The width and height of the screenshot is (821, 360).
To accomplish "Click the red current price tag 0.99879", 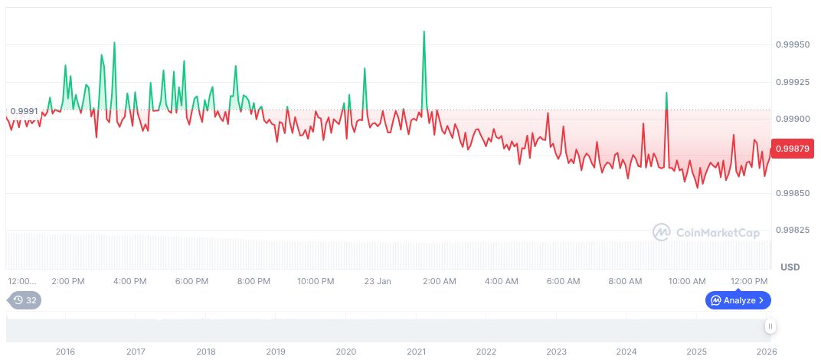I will (x=793, y=148).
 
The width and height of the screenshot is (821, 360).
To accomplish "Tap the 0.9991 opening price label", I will (x=24, y=112).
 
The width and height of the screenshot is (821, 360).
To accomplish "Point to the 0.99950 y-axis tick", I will (x=793, y=45).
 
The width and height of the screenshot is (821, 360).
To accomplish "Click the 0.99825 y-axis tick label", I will (x=793, y=230).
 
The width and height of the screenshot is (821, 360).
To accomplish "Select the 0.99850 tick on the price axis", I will (x=793, y=193).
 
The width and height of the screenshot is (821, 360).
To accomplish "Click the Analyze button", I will (x=738, y=300).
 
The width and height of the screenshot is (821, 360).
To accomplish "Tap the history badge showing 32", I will (x=25, y=300).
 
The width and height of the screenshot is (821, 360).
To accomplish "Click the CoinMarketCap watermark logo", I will (x=706, y=232).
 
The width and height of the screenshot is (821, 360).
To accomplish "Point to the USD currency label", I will (x=790, y=267).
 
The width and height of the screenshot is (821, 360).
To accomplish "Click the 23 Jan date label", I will (x=378, y=281).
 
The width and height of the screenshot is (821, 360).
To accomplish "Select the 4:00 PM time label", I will (x=129, y=281).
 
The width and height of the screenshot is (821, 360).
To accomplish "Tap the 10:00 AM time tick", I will (x=687, y=281).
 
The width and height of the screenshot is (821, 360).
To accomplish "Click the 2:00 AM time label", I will (x=440, y=281).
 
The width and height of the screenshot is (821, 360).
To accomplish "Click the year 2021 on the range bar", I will (x=416, y=352).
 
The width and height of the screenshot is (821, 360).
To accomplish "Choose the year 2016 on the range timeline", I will (x=66, y=352).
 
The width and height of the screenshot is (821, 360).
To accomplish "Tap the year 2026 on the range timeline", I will (x=767, y=352).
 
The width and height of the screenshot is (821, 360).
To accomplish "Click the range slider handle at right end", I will (x=770, y=326).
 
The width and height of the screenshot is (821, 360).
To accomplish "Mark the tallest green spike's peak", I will (x=424, y=31).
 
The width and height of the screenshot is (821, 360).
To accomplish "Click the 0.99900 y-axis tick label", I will (x=793, y=119).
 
